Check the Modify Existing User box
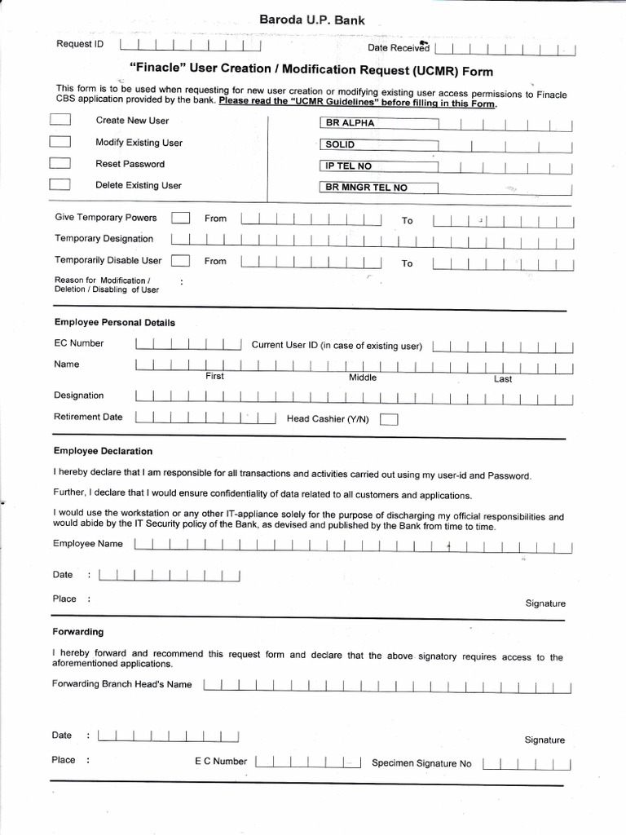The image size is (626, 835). pos(60,142)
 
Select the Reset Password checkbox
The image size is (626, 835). pos(60,163)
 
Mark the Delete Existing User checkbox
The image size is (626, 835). pos(60,184)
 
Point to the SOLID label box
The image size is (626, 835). pos(377,144)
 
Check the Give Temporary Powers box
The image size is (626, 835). pos(181,218)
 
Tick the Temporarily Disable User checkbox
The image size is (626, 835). pos(181,261)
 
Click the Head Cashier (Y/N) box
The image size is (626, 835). pos(390,420)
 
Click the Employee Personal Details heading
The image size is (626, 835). pos(114,322)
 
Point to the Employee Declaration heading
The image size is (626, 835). pos(103,451)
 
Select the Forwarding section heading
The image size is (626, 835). pos(78,632)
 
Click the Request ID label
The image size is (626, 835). pos(79,44)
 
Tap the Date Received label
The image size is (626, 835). pos(398,49)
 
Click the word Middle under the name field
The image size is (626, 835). pos(363,378)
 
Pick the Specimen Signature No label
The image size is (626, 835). pos(421,764)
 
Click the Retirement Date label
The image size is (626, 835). pos(88,417)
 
